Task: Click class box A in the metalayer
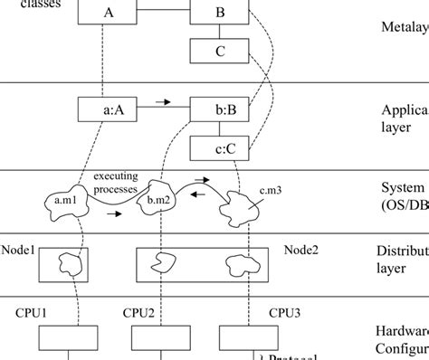109,13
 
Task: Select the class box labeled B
220,13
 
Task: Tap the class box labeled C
220,52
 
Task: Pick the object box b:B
220,110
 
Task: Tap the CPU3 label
286,312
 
